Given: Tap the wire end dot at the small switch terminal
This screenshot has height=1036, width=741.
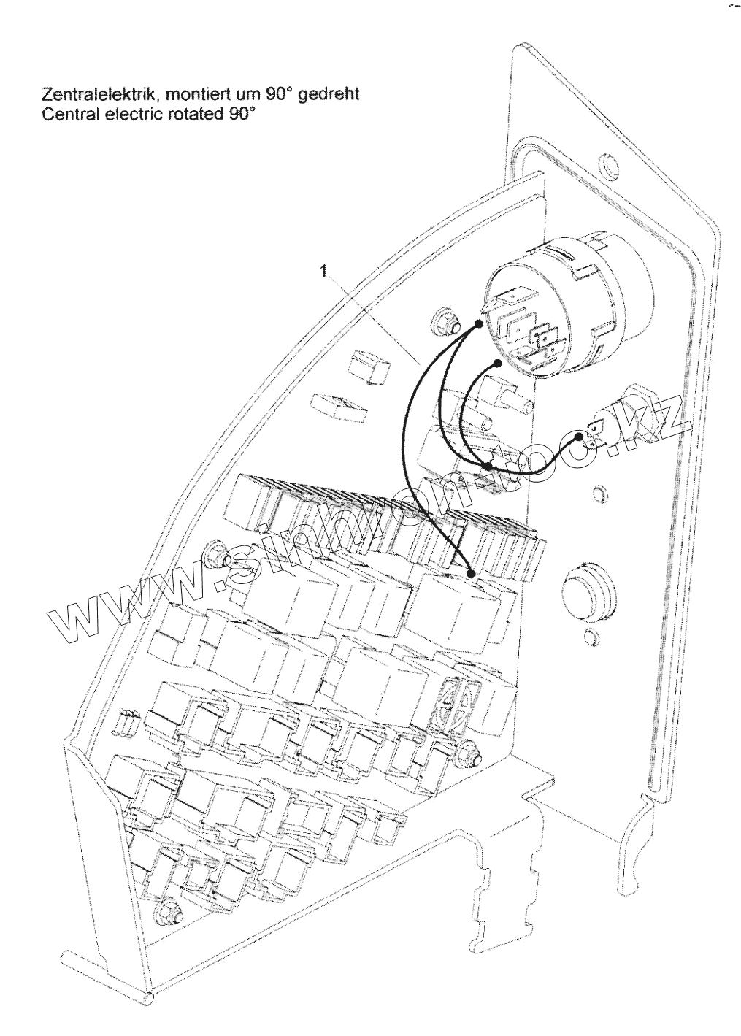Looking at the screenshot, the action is pos(580,437).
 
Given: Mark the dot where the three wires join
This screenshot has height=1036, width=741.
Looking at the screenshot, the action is pos(488,465).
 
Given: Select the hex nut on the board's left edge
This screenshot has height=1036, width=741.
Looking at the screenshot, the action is pos(216,556).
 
